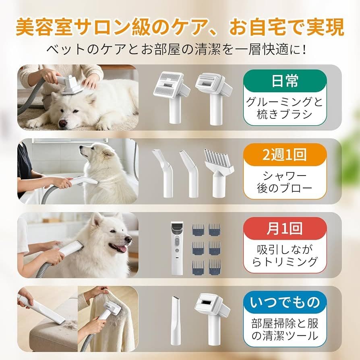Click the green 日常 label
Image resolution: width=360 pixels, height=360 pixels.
[x=285, y=82]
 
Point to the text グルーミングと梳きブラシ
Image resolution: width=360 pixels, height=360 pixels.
[x=285, y=108]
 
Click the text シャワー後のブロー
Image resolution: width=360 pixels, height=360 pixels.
[x=285, y=182]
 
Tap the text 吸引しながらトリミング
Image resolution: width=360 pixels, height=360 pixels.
[x=285, y=255]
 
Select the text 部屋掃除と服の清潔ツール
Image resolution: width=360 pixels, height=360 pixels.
[x=285, y=329]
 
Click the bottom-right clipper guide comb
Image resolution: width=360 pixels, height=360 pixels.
[x=215, y=266]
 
